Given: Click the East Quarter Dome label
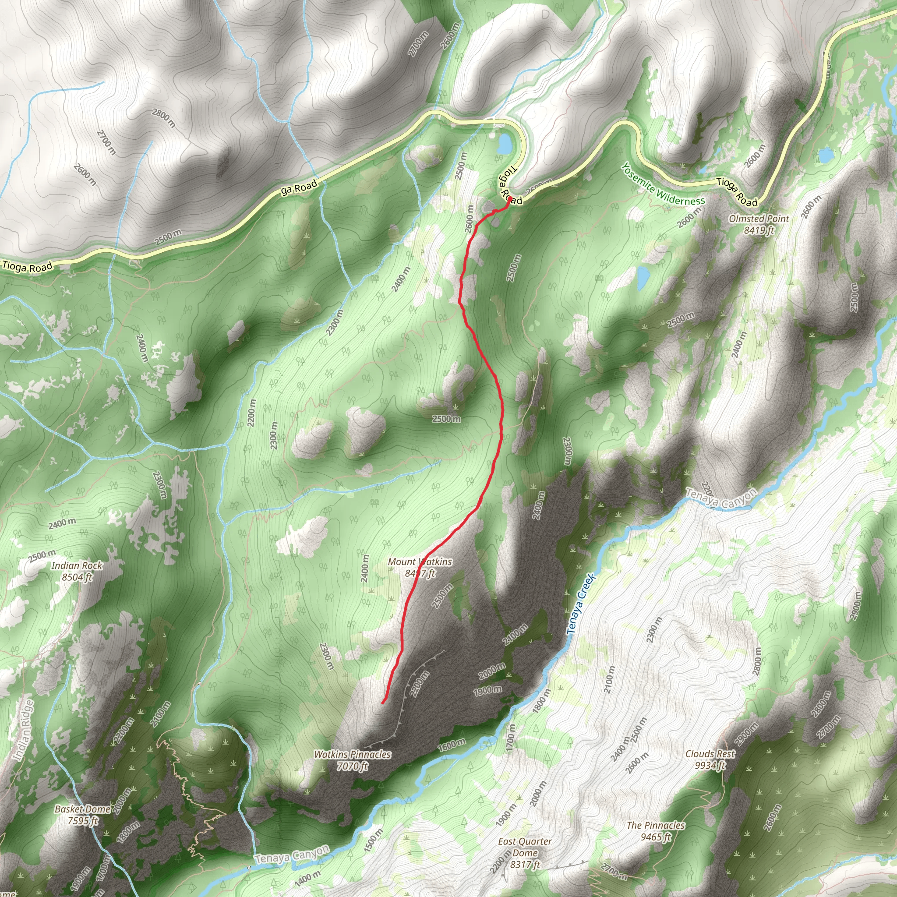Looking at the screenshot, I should [x=525, y=847].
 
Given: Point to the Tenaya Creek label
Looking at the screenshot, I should [x=580, y=604].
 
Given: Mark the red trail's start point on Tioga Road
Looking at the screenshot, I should [x=510, y=199].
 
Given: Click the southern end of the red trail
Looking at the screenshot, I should [x=382, y=703].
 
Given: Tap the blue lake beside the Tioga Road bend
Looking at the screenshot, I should [x=504, y=144].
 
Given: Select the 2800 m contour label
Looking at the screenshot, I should [x=163, y=118].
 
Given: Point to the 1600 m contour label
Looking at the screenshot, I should [x=451, y=745].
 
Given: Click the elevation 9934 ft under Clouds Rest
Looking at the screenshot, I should [x=710, y=765].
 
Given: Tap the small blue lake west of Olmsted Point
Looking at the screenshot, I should [x=643, y=278].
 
